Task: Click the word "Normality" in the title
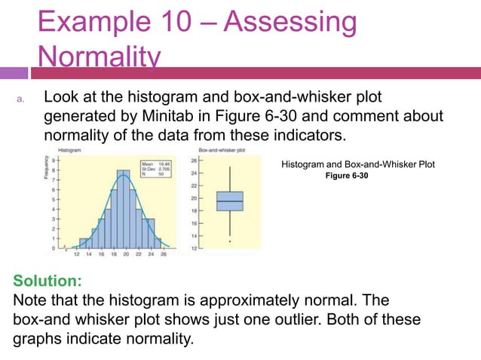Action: [99, 56]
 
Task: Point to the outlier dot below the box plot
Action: [228, 241]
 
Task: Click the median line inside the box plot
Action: [229, 202]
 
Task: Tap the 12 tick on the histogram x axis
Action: [76, 254]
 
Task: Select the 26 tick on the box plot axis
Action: [195, 160]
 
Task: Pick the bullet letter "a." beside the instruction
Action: [23, 99]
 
